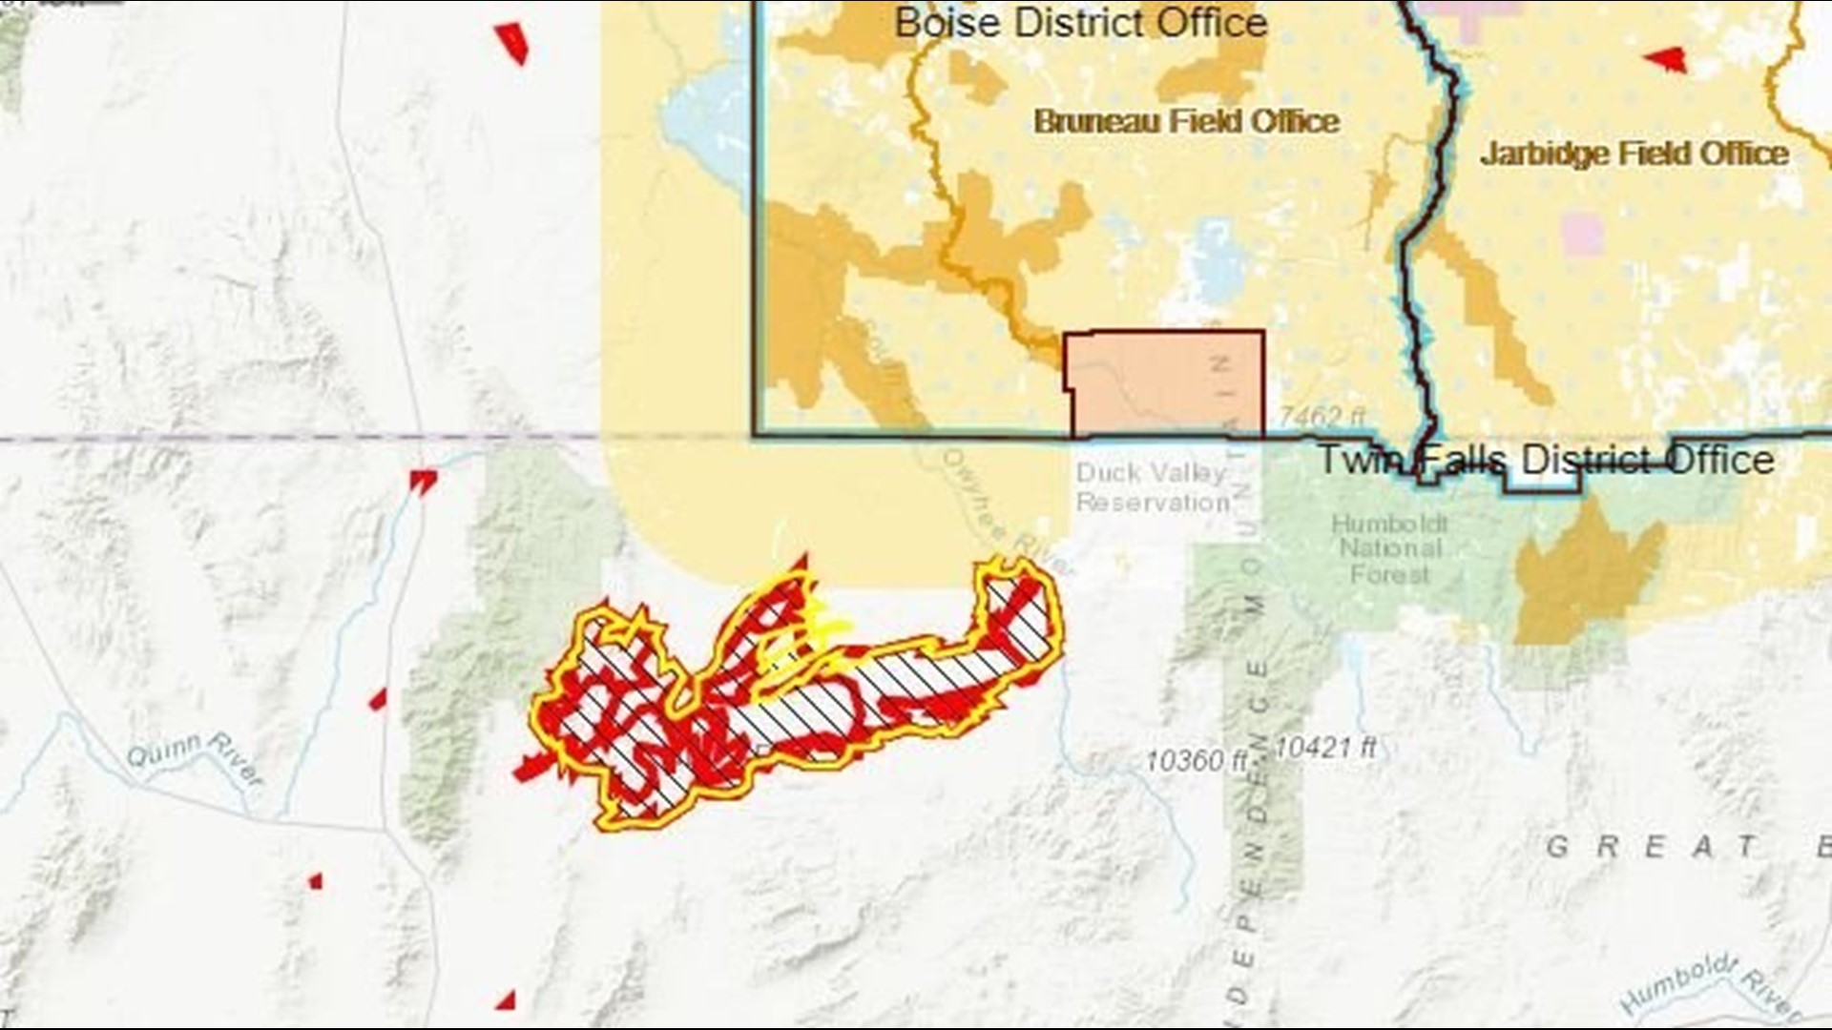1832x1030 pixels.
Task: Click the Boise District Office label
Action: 1080,23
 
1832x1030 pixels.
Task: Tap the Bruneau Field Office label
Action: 1186,121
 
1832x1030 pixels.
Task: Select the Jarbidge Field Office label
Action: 1634,154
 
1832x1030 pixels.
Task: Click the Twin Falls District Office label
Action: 1546,461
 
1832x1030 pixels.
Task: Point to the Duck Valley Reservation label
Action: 1152,487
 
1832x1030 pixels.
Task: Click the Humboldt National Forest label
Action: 1389,549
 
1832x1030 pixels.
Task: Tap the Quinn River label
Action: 195,758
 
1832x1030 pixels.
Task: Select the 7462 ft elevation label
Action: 1322,417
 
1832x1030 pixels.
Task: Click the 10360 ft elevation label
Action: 1197,760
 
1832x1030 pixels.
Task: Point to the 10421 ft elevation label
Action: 1326,748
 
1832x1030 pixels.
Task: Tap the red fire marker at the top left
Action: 512,41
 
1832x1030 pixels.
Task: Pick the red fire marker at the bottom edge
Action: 506,1000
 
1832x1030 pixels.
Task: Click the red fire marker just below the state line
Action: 422,481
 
